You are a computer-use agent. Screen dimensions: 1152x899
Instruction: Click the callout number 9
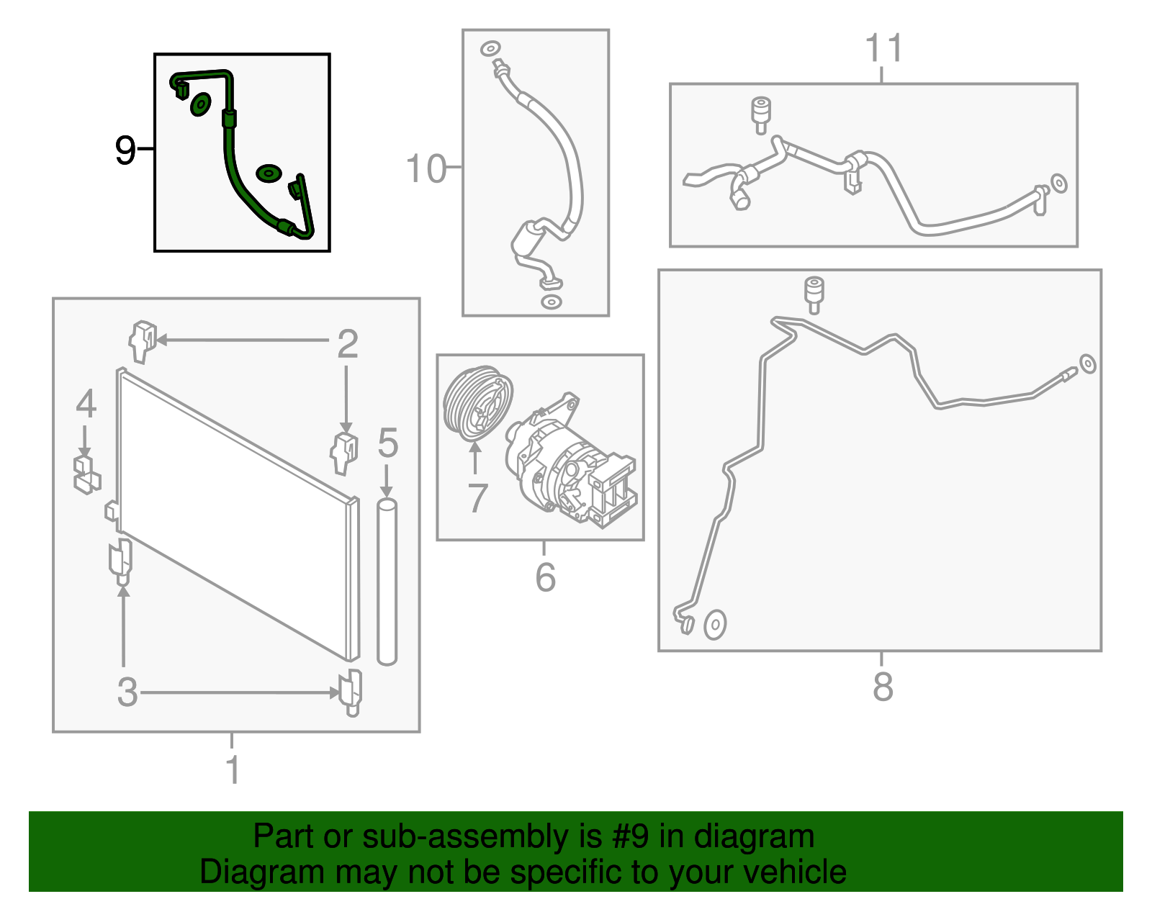126,150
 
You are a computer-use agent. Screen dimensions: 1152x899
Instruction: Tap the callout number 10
426,169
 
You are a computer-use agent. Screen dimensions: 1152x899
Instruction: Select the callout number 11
883,48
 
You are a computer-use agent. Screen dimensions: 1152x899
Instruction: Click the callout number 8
883,687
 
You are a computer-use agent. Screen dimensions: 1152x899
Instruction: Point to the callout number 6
545,577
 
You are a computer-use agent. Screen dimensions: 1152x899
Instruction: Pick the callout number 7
477,498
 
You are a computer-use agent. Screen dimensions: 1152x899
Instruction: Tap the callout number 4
86,404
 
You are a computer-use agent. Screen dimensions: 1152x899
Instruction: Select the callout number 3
127,692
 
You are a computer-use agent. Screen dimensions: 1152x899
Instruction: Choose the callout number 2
348,344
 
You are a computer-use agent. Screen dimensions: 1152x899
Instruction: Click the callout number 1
233,769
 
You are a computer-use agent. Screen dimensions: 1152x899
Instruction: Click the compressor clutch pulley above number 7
477,403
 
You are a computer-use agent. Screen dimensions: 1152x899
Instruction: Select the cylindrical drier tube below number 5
387,582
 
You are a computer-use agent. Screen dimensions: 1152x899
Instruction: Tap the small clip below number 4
86,474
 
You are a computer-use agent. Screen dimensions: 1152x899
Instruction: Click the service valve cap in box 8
814,294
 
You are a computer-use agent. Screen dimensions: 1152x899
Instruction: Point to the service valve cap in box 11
761,115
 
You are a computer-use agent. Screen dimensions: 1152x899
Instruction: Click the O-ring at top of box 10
490,49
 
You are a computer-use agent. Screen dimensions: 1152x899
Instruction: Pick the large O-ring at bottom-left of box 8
715,625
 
